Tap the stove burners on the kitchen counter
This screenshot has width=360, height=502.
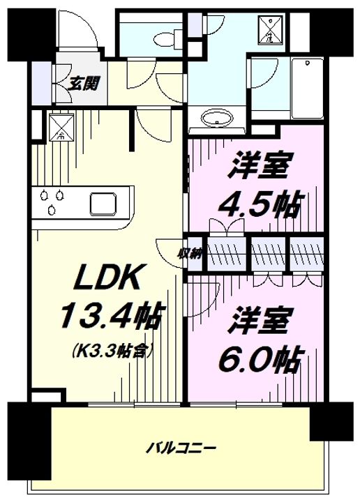coord(50,201)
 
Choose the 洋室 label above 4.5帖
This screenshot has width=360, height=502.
coord(259,168)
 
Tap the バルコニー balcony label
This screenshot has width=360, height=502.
coord(182,447)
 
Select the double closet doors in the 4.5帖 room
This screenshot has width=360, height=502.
coord(229,227)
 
